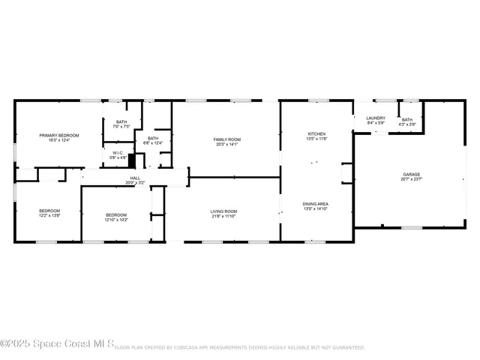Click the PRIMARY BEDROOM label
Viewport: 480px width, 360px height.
coord(59,135)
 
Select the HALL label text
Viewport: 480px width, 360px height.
coord(135,178)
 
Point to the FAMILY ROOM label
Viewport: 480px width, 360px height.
coord(226,139)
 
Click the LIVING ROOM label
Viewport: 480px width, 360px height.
coord(223,211)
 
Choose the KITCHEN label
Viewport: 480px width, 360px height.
coord(316,133)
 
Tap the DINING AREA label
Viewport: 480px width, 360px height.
coord(316,204)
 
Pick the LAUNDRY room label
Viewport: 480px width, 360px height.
coord(376,118)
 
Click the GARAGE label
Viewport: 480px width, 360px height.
coord(411,175)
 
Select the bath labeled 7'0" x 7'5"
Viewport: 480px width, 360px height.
coord(122,121)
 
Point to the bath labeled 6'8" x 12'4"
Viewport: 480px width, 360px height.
coord(153,138)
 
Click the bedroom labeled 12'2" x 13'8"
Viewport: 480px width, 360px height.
coord(49,211)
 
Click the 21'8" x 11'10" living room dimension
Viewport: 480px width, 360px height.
coord(223,216)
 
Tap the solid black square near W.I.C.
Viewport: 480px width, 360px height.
coord(132,160)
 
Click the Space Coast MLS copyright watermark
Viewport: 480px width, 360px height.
coord(56,345)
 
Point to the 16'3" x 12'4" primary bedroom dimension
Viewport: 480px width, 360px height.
coord(59,140)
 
